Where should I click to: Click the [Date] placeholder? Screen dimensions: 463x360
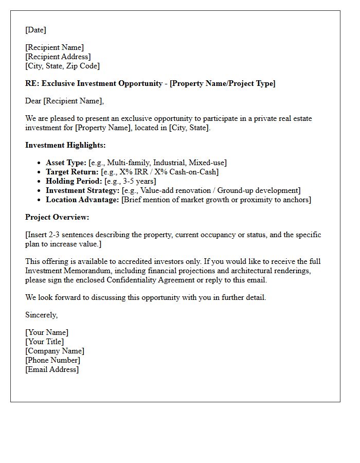point(35,30)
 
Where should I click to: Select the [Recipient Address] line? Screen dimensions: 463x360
point(58,57)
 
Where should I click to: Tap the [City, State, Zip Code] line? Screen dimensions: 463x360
point(62,66)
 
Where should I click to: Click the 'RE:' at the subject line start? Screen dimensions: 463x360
point(32,83)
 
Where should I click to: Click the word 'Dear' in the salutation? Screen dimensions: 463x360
point(33,101)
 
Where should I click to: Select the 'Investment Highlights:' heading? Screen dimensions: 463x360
point(65,145)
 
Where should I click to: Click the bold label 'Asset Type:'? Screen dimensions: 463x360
point(66,163)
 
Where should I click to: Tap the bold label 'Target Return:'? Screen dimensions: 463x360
point(71,172)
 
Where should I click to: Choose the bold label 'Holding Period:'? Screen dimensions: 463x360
point(74,181)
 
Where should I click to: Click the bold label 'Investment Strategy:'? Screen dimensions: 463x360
point(82,190)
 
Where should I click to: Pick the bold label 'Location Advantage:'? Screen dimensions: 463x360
point(82,200)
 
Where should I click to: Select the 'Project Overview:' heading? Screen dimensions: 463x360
point(57,217)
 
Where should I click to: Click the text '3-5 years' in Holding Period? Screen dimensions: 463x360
point(139,181)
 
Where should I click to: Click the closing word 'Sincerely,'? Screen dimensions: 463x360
point(41,315)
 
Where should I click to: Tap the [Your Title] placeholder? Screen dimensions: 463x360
point(45,342)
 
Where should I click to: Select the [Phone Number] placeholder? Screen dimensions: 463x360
point(52,360)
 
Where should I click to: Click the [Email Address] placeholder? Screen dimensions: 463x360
point(52,369)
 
